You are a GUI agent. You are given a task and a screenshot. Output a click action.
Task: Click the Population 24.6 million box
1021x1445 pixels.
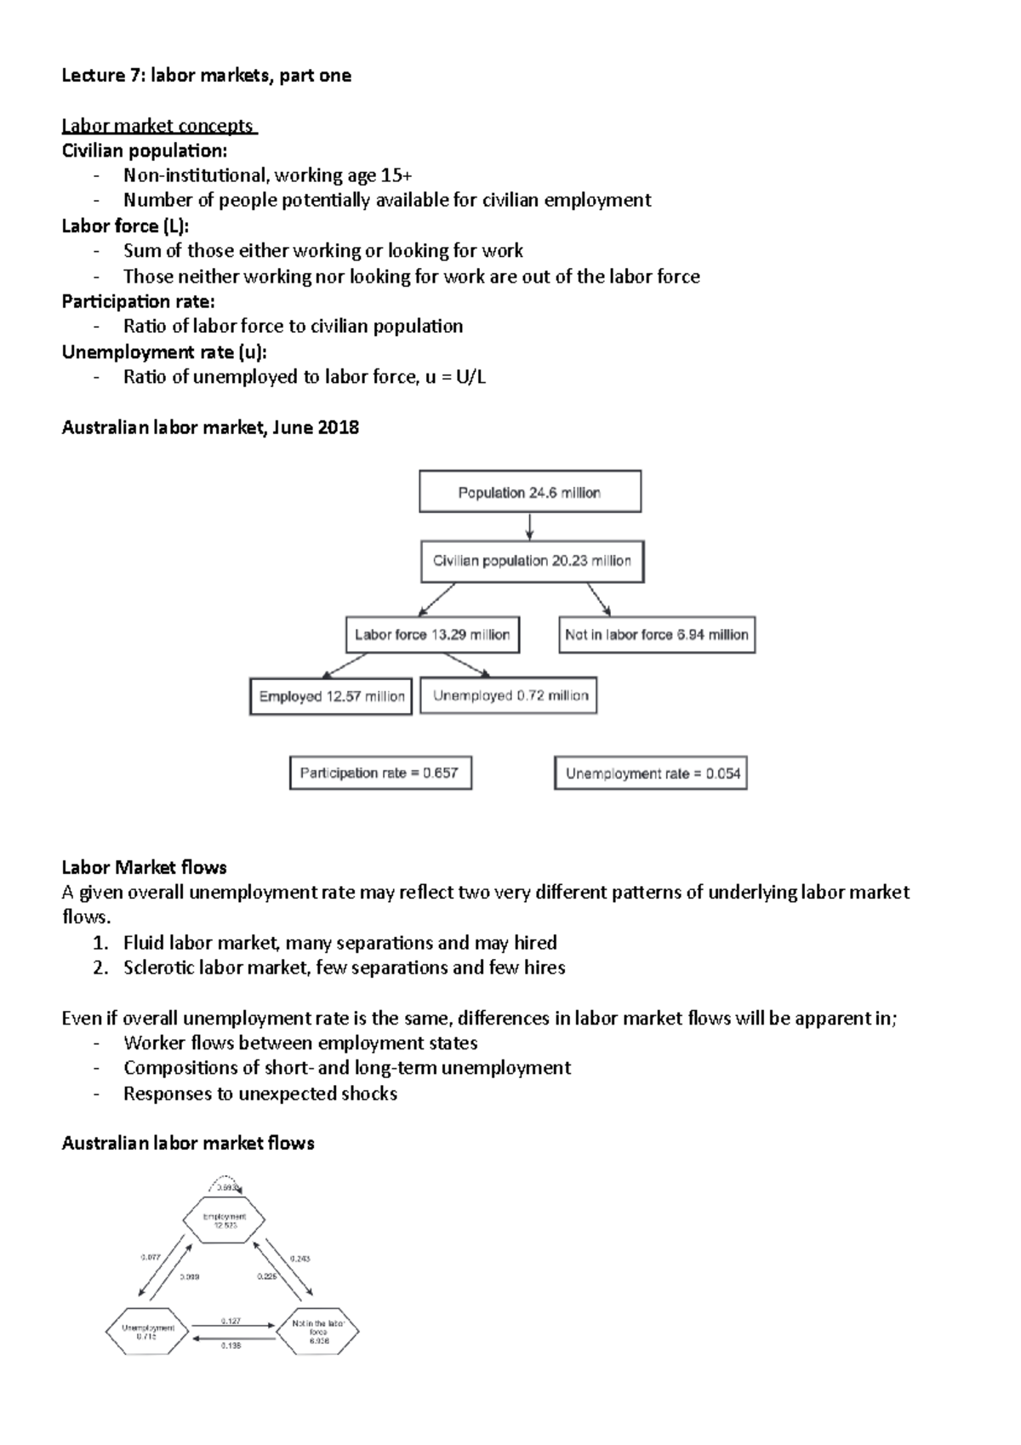529,492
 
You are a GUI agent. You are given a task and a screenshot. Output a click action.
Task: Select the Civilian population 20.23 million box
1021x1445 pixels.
532,562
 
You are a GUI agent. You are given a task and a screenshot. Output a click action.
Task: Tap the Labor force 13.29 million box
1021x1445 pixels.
432,635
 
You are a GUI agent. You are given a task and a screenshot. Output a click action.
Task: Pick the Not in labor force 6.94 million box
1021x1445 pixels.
656,635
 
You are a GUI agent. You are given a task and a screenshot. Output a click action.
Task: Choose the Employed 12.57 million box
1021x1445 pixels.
331,696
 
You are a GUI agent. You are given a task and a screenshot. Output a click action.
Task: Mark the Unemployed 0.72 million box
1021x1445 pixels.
510,695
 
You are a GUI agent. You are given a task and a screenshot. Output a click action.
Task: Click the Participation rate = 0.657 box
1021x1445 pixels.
379,773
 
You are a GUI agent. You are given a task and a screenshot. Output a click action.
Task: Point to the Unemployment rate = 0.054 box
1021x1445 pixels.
651,774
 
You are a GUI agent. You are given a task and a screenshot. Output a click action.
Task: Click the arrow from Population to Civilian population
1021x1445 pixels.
529,526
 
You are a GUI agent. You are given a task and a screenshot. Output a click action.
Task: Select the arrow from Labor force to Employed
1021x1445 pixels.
344,665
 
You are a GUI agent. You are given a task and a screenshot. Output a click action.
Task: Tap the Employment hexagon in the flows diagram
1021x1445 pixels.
225,1221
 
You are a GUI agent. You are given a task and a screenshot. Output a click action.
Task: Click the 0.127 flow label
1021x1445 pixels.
231,1321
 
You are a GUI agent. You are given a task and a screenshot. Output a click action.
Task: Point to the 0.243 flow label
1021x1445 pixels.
299,1258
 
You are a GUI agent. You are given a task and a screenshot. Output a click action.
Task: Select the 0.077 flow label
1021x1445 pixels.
151,1257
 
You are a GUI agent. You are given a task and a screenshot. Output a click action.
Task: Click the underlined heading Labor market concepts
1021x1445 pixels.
158,126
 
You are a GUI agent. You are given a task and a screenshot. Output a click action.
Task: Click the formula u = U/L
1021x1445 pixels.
455,377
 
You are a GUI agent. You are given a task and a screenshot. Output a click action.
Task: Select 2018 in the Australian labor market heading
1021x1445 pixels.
338,427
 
